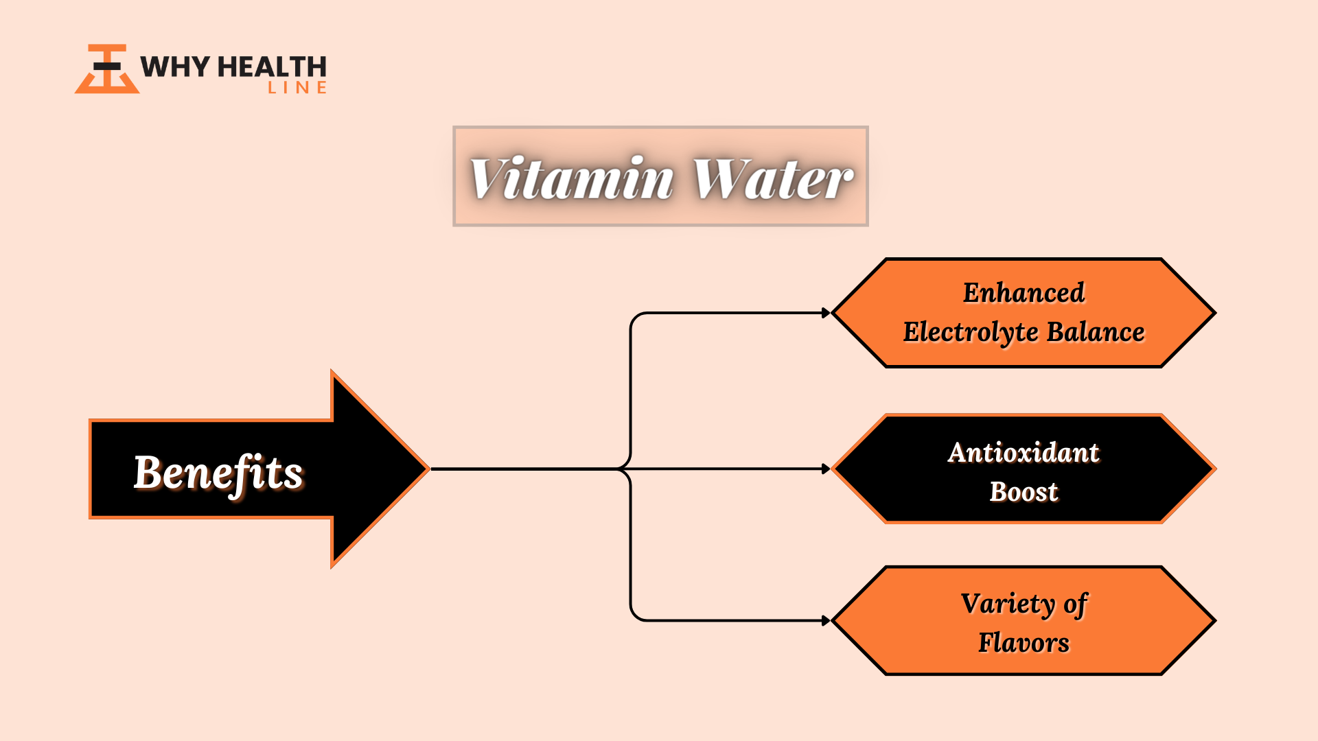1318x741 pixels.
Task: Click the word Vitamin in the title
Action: pyautogui.click(x=572, y=178)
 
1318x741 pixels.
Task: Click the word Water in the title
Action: pyautogui.click(x=773, y=178)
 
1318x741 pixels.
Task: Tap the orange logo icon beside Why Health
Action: pyautogui.click(x=107, y=69)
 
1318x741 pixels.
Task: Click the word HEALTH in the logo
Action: pyautogui.click(x=272, y=67)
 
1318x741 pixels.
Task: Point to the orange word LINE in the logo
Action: pyautogui.click(x=297, y=88)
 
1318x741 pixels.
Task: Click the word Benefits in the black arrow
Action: pyautogui.click(x=218, y=473)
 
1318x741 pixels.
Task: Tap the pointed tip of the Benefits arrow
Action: pyautogui.click(x=429, y=469)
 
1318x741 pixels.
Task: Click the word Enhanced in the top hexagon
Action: pyautogui.click(x=1024, y=293)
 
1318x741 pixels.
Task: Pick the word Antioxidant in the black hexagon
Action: pyautogui.click(x=1024, y=453)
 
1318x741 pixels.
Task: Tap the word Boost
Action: pyautogui.click(x=1024, y=492)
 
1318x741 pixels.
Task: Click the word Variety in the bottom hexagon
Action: pyautogui.click(x=1008, y=604)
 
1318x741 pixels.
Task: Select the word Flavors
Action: pyautogui.click(x=1024, y=643)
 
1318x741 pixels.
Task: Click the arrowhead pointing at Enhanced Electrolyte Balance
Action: pyautogui.click(x=826, y=313)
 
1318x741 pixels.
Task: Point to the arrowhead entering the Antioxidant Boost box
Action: pyautogui.click(x=826, y=469)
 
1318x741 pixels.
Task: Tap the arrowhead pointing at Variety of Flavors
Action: pyautogui.click(x=826, y=621)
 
